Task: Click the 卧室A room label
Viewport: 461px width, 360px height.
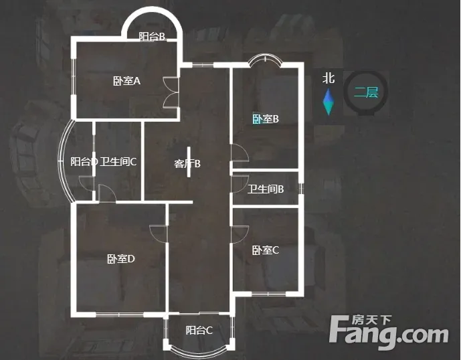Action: (126, 81)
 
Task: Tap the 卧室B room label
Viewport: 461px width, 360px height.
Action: (265, 119)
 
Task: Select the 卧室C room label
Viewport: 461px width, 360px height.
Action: (265, 250)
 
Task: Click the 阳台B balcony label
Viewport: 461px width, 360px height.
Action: (152, 37)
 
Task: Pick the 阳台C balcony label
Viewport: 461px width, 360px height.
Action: (199, 330)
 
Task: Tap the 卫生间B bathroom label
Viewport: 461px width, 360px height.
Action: (266, 189)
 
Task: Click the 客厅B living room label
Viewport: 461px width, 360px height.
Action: (187, 163)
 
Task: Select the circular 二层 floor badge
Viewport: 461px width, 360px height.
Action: (366, 93)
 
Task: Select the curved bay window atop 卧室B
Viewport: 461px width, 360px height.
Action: (266, 61)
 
